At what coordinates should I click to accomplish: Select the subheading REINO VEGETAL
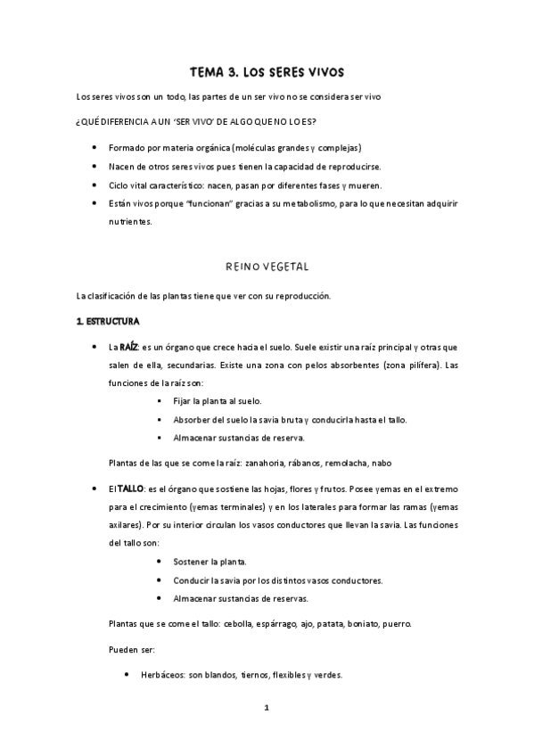[x=267, y=266]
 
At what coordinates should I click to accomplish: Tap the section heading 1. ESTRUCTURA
[x=108, y=319]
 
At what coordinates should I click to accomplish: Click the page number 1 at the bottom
[x=267, y=708]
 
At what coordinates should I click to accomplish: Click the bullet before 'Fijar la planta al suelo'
[x=159, y=401]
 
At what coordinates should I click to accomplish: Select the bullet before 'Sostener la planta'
[x=159, y=562]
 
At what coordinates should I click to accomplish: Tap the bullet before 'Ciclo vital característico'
[x=94, y=185]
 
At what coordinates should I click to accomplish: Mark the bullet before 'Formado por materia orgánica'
[x=94, y=147]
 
